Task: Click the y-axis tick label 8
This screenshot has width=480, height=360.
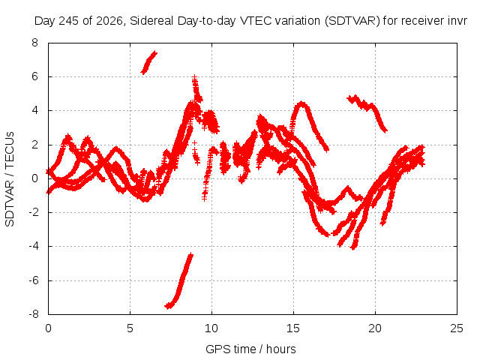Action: pyautogui.click(x=34, y=43)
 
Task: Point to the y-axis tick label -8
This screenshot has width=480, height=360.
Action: pyautogui.click(x=34, y=314)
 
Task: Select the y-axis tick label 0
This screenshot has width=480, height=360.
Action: pyautogui.click(x=34, y=178)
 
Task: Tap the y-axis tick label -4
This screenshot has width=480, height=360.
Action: pyautogui.click(x=34, y=246)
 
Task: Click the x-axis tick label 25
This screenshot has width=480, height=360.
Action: pyautogui.click(x=457, y=328)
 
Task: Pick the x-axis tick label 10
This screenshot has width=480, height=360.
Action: pyautogui.click(x=211, y=328)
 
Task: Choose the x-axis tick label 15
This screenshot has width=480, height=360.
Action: pyautogui.click(x=293, y=328)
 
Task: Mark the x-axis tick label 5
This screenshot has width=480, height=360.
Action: pyautogui.click(x=130, y=328)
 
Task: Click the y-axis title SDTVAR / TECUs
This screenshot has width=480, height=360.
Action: pyautogui.click(x=10, y=179)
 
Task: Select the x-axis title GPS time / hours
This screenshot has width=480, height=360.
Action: pyautogui.click(x=250, y=349)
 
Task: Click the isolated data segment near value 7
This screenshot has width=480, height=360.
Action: pyautogui.click(x=148, y=62)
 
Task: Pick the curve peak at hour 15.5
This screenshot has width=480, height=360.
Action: pyautogui.click(x=301, y=103)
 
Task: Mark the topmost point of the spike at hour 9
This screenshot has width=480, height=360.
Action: pyautogui.click(x=194, y=76)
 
